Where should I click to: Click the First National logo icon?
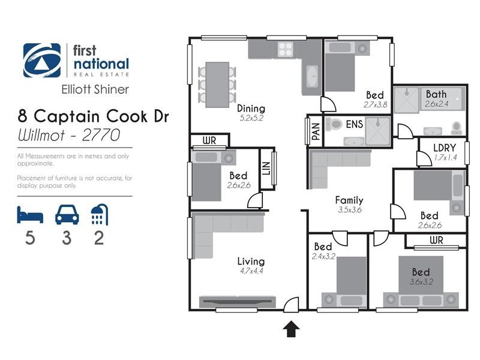pyautogui.click(x=41, y=61)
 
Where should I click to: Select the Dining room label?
pyautogui.click(x=251, y=109)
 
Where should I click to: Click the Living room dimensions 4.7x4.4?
pyautogui.click(x=251, y=271)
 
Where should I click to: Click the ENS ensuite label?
pyautogui.click(x=355, y=125)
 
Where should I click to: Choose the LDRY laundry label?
pyautogui.click(x=445, y=148)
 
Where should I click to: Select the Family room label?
pyautogui.click(x=349, y=200)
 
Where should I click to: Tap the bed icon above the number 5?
pyautogui.click(x=29, y=214)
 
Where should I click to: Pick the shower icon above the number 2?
pyautogui.click(x=98, y=214)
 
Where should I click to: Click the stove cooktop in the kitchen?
pyautogui.click(x=284, y=50)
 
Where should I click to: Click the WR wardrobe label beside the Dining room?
pyautogui.click(x=209, y=142)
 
